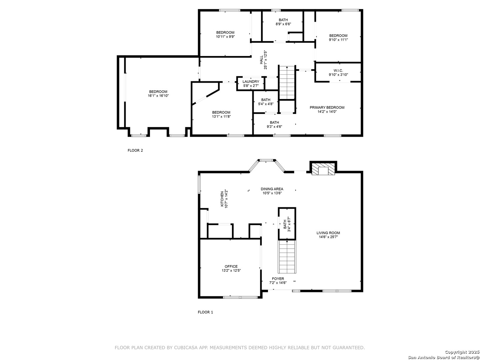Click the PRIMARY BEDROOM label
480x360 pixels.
[327, 107]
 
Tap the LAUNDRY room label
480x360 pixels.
[251, 82]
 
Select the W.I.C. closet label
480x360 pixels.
[338, 70]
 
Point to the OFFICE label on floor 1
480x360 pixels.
[231, 266]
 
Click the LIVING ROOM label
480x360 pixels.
[328, 233]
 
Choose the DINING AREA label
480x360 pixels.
[272, 189]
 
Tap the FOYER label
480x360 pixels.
[278, 279]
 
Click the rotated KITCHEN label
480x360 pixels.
[222, 199]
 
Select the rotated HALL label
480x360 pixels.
[261, 60]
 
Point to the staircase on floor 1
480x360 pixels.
[287, 257]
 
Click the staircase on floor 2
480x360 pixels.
[287, 82]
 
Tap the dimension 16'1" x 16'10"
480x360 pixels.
[158, 96]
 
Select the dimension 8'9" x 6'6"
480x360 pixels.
[283, 24]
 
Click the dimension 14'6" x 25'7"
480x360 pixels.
[328, 237]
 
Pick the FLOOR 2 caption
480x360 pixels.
[135, 150]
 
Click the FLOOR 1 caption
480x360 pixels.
[205, 312]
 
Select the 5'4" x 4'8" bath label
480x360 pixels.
[266, 100]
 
